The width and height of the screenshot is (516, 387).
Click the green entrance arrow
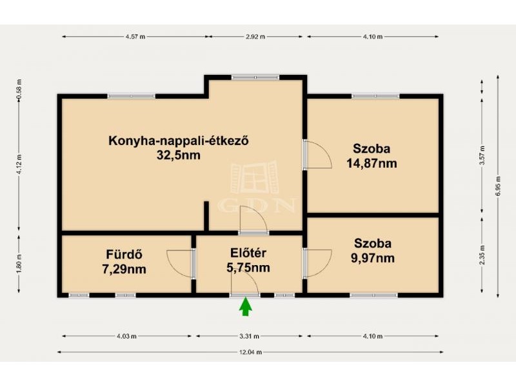click(246, 306)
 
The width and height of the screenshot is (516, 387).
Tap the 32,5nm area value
click(179, 155)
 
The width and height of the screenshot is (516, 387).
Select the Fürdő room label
click(124, 254)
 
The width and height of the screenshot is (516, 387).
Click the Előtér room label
click(248, 253)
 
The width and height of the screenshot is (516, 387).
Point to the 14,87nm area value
click(372, 163)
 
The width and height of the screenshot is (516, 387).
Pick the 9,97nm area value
click(373, 258)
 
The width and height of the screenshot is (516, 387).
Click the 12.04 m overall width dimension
click(251, 352)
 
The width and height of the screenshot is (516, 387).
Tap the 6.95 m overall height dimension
click(498, 186)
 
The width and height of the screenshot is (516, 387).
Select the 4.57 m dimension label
click(135, 37)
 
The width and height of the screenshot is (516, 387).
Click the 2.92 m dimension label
click(255, 37)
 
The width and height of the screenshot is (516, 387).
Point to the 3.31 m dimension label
click(249, 336)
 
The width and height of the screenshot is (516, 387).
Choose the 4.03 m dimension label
click(126, 336)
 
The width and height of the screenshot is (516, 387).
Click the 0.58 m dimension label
click(19, 89)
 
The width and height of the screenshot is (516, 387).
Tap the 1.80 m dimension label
click(19, 264)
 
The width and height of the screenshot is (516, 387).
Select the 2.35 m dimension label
click(482, 255)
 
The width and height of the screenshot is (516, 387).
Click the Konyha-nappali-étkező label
click(179, 141)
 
